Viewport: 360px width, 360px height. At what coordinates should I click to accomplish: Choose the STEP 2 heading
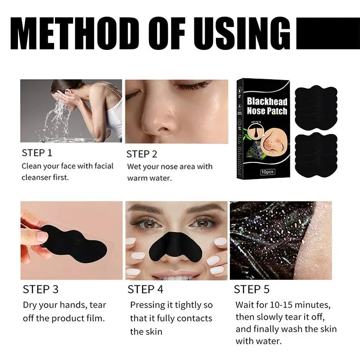tap(142, 154)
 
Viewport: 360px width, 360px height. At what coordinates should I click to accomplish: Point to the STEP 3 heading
tap(40, 289)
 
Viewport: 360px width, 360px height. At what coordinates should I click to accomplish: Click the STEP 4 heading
tap(146, 289)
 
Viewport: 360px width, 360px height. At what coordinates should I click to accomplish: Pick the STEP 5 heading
tap(252, 289)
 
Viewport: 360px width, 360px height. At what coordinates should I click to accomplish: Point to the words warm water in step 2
tap(148, 178)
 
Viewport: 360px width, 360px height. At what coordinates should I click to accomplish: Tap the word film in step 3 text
tap(96, 318)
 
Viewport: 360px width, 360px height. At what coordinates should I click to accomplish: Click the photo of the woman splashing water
tap(71, 111)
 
